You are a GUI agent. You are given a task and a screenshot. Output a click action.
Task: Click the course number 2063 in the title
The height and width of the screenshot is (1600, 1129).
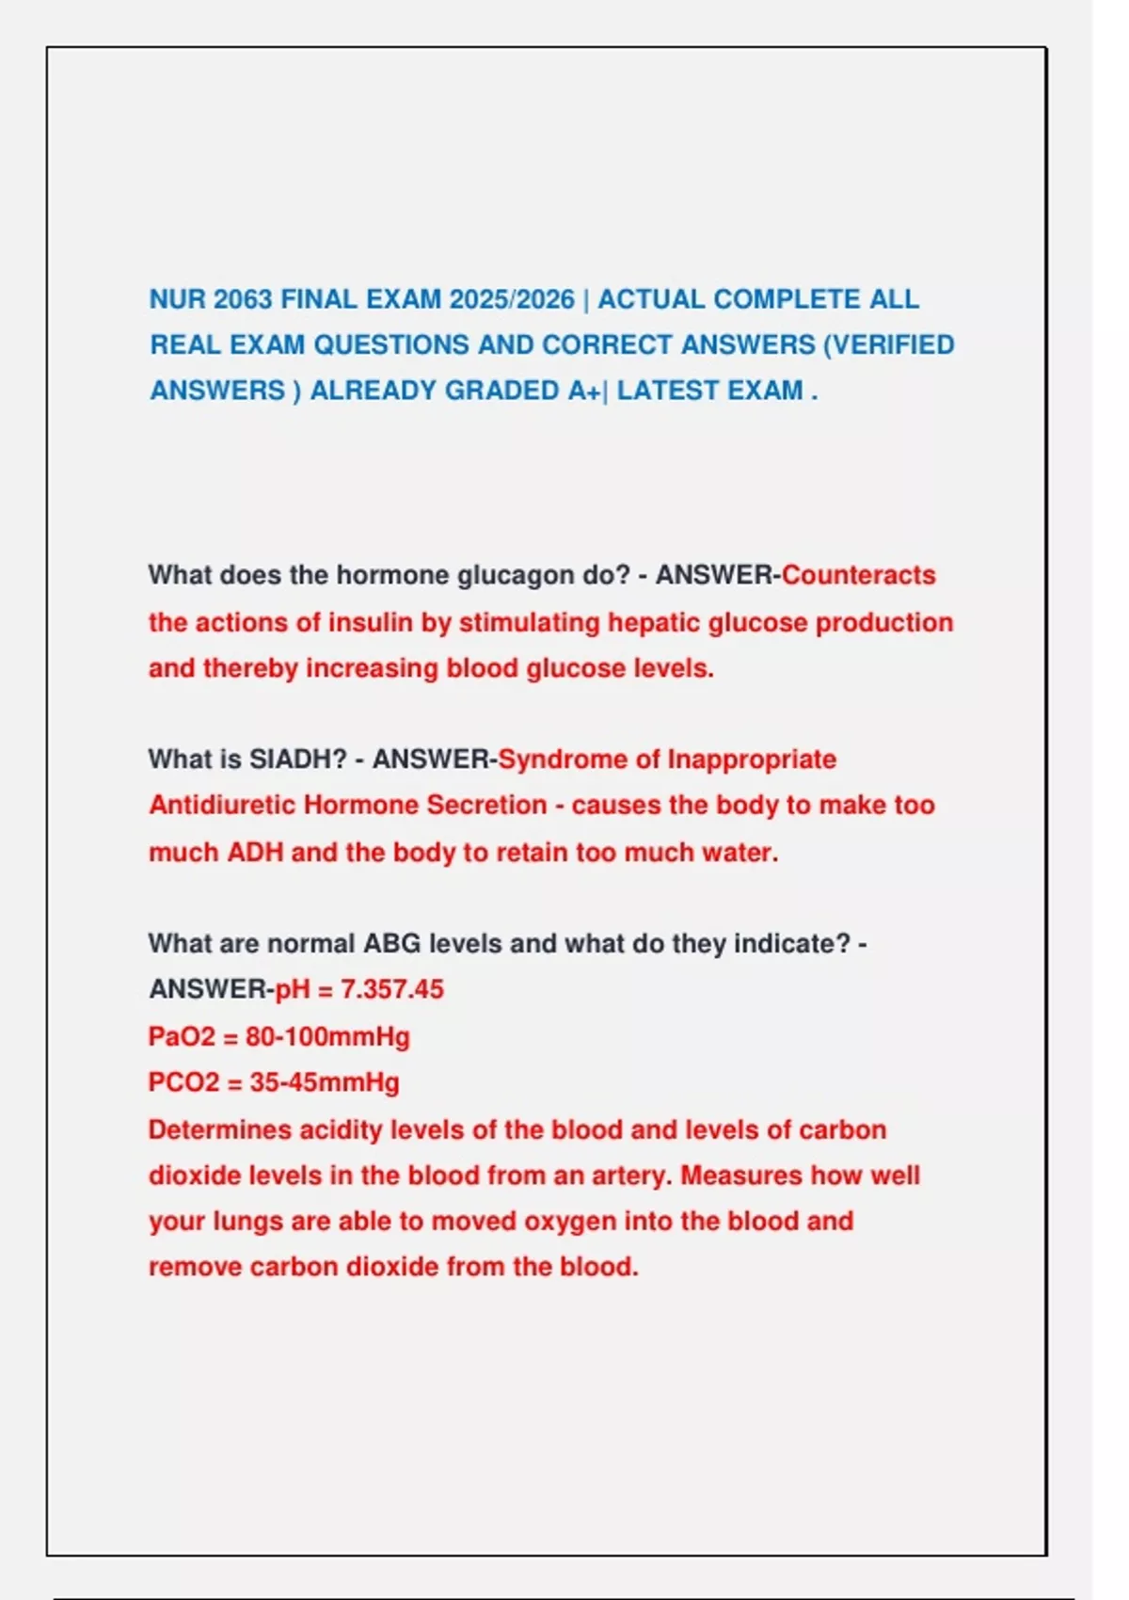pos(243,299)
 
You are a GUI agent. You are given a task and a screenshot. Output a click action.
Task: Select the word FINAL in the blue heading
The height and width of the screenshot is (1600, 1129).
pos(319,299)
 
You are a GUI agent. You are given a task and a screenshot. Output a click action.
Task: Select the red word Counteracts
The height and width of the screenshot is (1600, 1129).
pos(858,575)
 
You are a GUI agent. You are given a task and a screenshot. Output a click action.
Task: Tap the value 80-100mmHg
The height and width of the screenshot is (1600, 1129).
pos(327,1037)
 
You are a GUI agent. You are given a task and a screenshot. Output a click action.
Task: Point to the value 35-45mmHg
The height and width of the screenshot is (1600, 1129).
pos(324,1082)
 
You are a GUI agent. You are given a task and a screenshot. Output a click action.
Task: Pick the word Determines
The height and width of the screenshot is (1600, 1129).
pos(219,1129)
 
